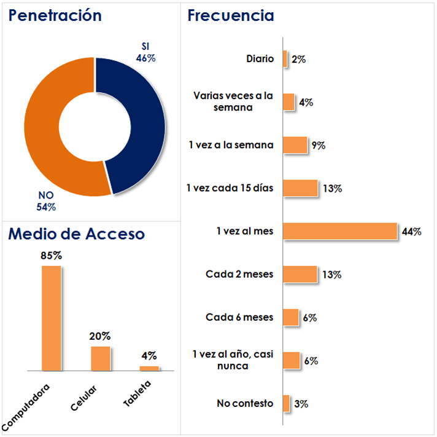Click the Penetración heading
55,15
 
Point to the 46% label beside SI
146,58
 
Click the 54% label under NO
46,207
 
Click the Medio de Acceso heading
76,234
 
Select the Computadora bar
52,318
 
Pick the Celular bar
100,358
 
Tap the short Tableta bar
149,368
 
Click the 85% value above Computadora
52,256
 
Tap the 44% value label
411,232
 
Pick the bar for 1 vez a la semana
295,145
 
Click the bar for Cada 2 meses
300,274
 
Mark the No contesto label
245,404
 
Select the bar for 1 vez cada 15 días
301,188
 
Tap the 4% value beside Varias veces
306,103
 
